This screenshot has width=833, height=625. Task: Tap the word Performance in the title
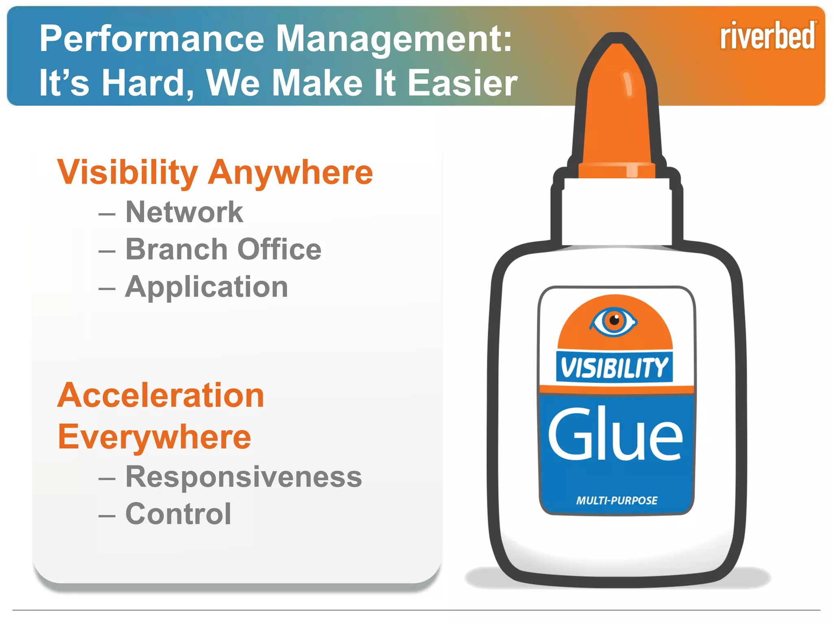152,39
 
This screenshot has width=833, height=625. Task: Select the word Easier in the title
462,83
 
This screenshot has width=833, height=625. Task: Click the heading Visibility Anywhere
215,173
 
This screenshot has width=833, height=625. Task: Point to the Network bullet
184,212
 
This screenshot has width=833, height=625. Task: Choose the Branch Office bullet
223,249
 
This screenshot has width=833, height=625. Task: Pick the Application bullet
207,287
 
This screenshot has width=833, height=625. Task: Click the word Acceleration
161,396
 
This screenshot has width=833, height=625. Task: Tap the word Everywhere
155,437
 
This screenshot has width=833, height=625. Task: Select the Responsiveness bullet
243,476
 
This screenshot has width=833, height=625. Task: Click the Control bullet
178,514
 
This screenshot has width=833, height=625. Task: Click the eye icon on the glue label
614,321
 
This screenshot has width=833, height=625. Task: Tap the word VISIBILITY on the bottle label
614,367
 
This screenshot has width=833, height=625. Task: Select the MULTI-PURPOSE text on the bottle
617,500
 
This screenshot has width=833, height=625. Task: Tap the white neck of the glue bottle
617,212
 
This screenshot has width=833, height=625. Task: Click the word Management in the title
393,39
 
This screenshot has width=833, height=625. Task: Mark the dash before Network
107,214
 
